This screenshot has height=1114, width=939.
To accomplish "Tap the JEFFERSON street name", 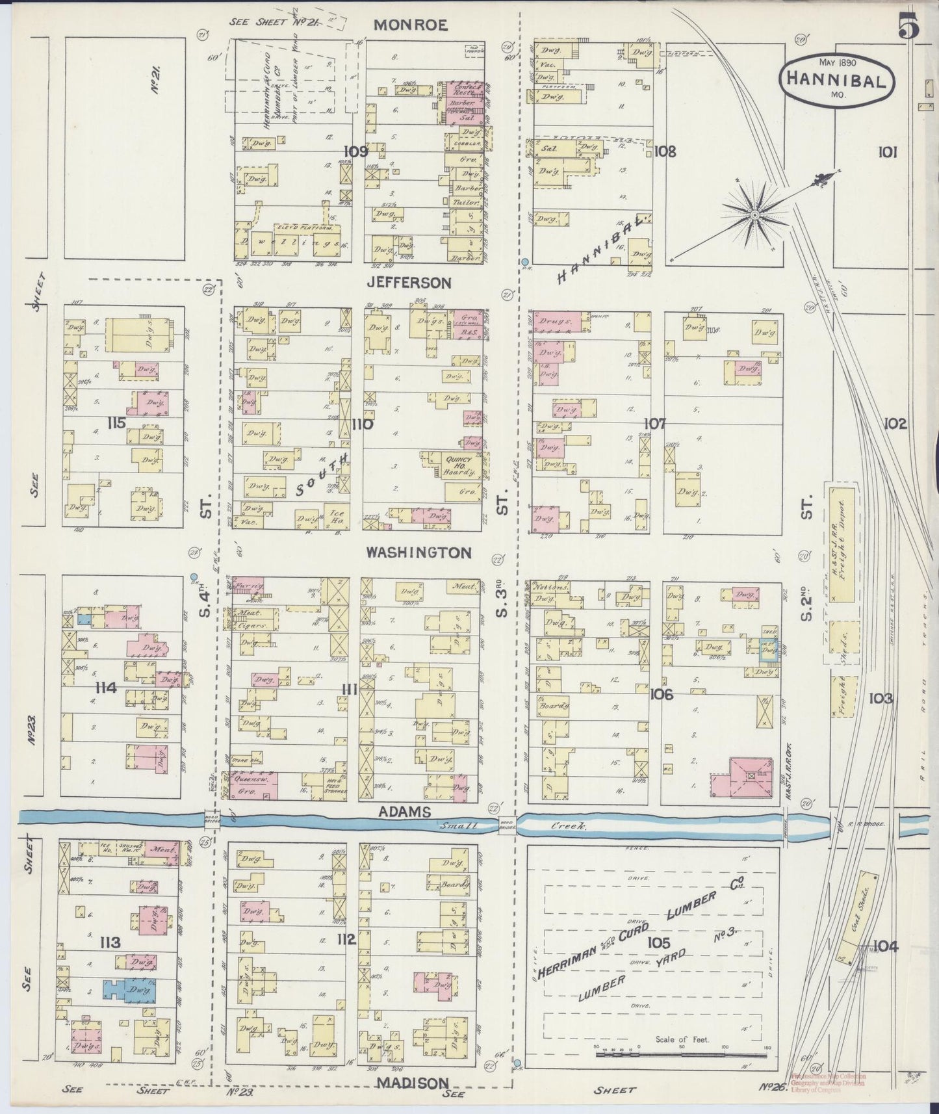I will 409,283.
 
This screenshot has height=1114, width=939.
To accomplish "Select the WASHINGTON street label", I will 418,552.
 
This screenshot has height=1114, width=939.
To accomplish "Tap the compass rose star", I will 755,214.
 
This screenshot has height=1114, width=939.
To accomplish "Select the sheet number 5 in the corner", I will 910,26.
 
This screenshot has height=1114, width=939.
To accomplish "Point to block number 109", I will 357,151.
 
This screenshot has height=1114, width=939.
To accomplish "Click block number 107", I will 655,424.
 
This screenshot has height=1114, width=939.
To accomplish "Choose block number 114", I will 107,688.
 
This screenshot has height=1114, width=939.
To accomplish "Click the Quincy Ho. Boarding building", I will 457,466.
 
